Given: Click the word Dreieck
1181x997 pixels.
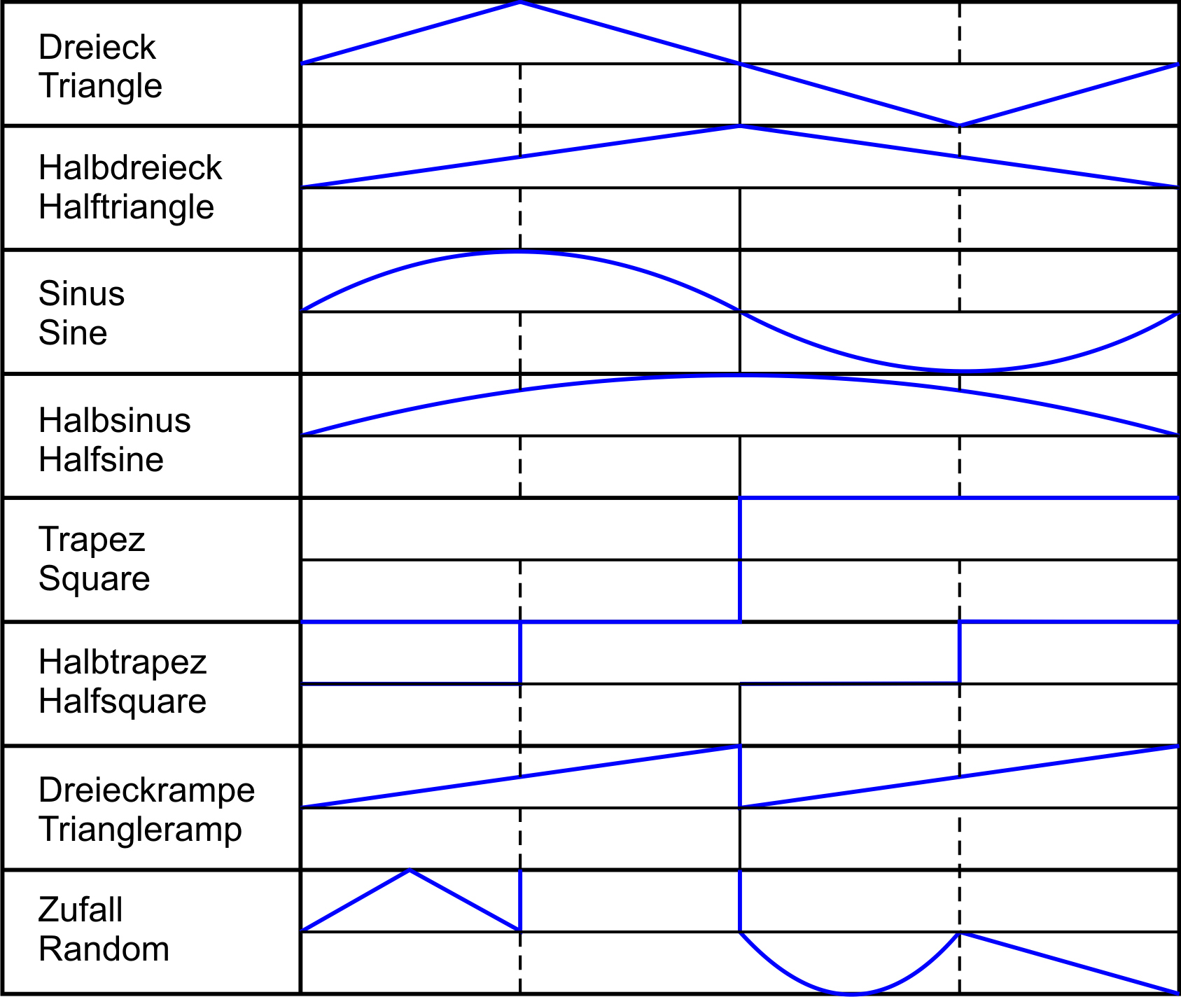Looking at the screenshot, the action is pos(97,48).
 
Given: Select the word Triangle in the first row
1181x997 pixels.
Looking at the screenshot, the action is pos(101,86).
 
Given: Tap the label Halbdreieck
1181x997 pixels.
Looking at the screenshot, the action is pos(130,168).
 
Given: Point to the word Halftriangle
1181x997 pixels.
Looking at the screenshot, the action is pos(127,207).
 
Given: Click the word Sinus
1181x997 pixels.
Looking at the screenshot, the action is pos(82,293).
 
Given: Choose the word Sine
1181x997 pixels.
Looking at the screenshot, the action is pos(73,333).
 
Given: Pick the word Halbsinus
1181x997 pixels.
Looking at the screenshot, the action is pos(115,421).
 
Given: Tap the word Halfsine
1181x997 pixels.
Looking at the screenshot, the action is pos(102,460).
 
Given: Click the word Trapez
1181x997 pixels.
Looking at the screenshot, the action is pos(92,541).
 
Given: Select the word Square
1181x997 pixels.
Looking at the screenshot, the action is pos(95,580).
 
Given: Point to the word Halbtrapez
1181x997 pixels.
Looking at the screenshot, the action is pos(123,663).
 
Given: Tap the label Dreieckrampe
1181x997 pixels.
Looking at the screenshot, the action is pos(147,791).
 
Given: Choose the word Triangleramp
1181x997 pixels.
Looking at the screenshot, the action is pos(141,830).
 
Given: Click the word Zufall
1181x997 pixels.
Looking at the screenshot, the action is pos(81,910).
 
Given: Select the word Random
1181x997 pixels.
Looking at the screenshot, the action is pos(104,949).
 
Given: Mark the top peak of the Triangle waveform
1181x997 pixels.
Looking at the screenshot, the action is pos(520,3).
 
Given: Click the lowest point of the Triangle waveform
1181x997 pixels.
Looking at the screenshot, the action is pos(959,125).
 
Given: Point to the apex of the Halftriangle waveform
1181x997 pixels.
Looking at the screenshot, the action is pos(740,126).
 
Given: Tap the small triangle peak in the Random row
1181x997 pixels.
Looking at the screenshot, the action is pos(410,870).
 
